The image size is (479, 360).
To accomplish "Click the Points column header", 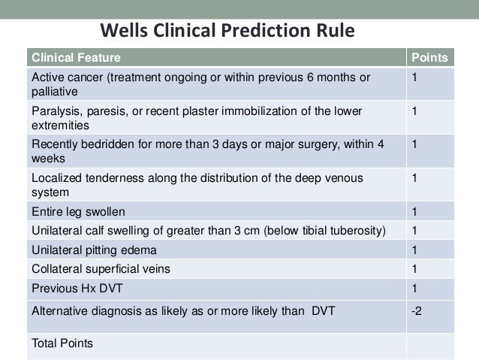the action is point(429,58).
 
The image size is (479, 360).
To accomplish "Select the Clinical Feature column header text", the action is point(76,58).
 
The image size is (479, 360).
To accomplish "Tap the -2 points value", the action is point(417,311).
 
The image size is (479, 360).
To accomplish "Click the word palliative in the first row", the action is point(55,92).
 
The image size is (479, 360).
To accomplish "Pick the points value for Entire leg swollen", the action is point(414,212).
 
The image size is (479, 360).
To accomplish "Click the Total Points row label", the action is point(62,343).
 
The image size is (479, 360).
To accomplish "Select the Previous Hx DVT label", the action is point(77,289).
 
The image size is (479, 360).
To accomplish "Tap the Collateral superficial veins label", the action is point(101,269).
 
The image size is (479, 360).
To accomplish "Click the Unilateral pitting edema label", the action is point(94,250).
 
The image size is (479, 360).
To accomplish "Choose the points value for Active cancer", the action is point(414,77).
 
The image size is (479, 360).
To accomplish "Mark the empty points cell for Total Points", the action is point(430,346).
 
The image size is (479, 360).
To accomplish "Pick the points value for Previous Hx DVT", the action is point(414,289).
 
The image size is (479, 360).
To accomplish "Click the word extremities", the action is point(60,126).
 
